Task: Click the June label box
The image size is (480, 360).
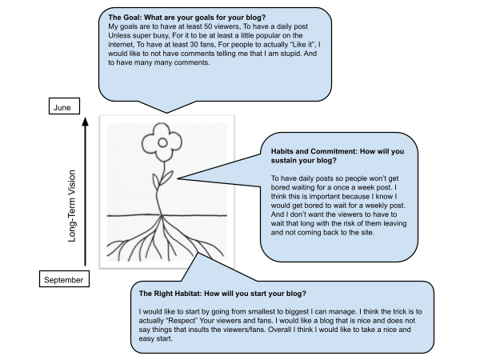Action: click(x=64, y=106)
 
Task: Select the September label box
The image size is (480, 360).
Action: click(x=64, y=279)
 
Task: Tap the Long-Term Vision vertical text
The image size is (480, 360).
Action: click(x=72, y=206)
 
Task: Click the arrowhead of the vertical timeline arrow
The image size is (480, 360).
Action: click(x=86, y=122)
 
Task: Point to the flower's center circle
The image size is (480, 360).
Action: click(x=162, y=142)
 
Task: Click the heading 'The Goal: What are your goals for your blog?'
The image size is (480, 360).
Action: click(x=186, y=17)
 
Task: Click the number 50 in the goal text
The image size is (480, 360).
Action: click(x=208, y=26)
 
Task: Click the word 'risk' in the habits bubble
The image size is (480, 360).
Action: click(x=350, y=223)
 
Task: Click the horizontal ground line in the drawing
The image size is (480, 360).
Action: click(x=167, y=215)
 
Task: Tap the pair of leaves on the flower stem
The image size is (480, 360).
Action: click(x=162, y=180)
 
